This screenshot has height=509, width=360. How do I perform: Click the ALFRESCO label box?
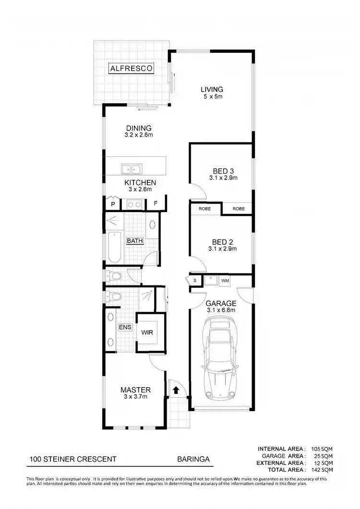pos(132,69)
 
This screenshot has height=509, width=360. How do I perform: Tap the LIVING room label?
pos(212,89)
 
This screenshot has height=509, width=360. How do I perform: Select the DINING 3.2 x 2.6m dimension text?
pos(139,135)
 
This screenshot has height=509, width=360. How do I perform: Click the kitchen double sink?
pos(131,168)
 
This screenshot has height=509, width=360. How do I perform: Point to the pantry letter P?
pos(113,204)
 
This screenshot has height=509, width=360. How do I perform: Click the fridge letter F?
pos(156,204)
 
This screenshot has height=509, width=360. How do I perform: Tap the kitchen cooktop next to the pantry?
pos(134,204)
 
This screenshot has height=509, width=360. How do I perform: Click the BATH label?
pos(135,241)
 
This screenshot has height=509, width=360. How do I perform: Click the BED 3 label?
pos(224,171)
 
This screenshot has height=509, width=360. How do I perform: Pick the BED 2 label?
pos(224,242)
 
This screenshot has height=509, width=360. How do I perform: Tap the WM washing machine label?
pos(225,280)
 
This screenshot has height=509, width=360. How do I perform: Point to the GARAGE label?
pos(221,303)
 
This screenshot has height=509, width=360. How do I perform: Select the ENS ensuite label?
pos(125,327)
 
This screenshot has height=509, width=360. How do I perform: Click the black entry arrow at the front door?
pos(176,390)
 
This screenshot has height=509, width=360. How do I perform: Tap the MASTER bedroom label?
pos(135,390)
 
